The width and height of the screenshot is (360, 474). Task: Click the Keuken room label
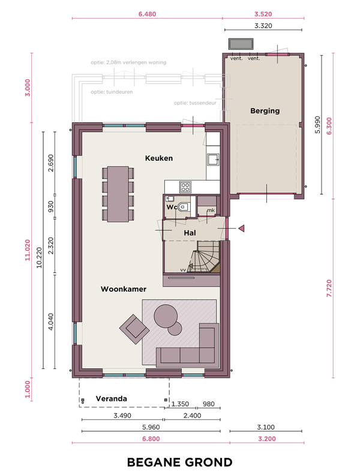point(158,158)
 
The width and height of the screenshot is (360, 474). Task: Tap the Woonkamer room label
point(124,289)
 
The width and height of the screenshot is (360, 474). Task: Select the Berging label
point(265,111)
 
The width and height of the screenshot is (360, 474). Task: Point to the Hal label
point(190,233)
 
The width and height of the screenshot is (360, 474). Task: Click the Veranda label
point(111,399)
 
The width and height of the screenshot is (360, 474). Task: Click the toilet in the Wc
point(183,207)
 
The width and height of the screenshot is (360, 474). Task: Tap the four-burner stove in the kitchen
point(185,187)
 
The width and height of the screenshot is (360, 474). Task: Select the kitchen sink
point(213,160)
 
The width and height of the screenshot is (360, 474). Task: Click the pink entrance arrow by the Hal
point(241,229)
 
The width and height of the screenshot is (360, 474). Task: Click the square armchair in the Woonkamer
point(134,329)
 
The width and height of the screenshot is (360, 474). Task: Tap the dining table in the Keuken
point(118,194)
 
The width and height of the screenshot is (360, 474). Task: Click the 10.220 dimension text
point(39,257)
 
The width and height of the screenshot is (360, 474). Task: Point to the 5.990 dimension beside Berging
point(317,125)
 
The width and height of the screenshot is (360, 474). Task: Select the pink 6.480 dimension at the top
point(147,14)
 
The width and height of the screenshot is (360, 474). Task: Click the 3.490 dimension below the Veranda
point(122,416)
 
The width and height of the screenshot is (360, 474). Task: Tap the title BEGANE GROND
point(180,462)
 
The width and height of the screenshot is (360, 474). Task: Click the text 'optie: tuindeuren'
point(112,92)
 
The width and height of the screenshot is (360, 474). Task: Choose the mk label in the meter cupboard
point(211,210)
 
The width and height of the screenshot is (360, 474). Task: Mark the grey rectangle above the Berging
point(241,44)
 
